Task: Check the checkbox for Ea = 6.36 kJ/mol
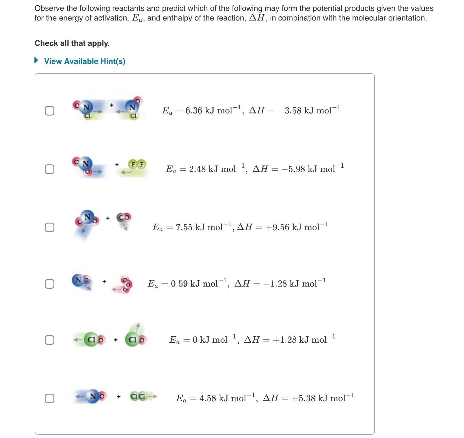[50, 111]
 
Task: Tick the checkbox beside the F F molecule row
[50, 169]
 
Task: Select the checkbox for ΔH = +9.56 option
[50, 227]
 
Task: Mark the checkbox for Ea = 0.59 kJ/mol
[50, 284]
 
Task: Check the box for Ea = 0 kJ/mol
[50, 340]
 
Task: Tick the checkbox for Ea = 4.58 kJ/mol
[50, 398]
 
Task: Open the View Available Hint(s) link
[85, 61]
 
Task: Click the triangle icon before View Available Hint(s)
[36, 60]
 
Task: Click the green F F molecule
[137, 164]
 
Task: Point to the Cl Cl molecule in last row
[138, 396]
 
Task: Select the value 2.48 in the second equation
[197, 169]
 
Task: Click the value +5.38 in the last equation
[303, 398]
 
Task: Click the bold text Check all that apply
[72, 43]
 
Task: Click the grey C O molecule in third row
[124, 217]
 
